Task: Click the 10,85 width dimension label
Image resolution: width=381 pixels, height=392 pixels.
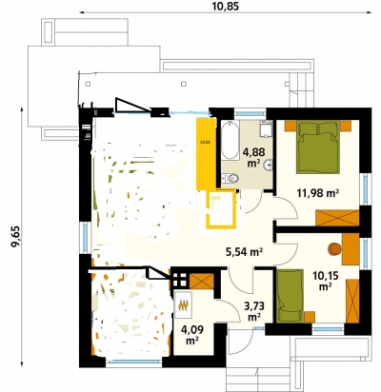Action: pos(225,6)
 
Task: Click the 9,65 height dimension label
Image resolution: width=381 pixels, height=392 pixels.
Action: pos(15,236)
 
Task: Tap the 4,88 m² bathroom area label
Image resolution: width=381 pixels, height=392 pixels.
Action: pos(253,157)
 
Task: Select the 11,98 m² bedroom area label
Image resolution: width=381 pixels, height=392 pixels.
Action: pos(318,192)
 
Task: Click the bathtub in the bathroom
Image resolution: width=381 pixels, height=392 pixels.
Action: pos(231,141)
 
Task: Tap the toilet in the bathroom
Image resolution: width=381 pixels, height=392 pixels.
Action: pos(231,179)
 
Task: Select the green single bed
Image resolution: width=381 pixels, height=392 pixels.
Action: pos(291,296)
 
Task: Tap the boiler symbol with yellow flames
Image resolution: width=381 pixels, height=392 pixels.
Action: pos(183,304)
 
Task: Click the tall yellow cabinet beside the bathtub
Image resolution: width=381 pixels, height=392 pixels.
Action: pos(206,154)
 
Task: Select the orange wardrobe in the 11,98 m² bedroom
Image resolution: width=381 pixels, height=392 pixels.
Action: pos(337,218)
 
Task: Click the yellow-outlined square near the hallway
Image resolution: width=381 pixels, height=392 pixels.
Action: pos(221,209)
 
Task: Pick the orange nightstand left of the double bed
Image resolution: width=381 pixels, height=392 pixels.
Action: pos(291,127)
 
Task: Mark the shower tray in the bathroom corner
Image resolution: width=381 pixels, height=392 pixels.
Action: pos(266,129)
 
